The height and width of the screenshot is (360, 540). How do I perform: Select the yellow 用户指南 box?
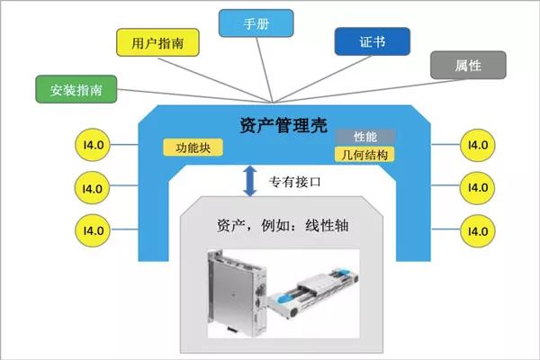pyautogui.click(x=158, y=42)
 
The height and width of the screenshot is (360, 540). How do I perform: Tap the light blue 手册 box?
pyautogui.click(x=256, y=23)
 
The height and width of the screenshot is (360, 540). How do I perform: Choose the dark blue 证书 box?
pyautogui.click(x=372, y=41)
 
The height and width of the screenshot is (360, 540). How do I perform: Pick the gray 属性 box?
pyautogui.click(x=467, y=66)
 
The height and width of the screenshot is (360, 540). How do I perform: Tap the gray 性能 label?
pyautogui.click(x=365, y=137)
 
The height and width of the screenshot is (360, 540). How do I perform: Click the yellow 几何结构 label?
pyautogui.click(x=365, y=154)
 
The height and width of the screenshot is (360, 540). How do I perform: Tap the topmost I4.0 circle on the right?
pyautogui.click(x=473, y=145)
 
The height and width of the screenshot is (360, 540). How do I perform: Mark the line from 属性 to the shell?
pyautogui.click(x=360, y=85)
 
